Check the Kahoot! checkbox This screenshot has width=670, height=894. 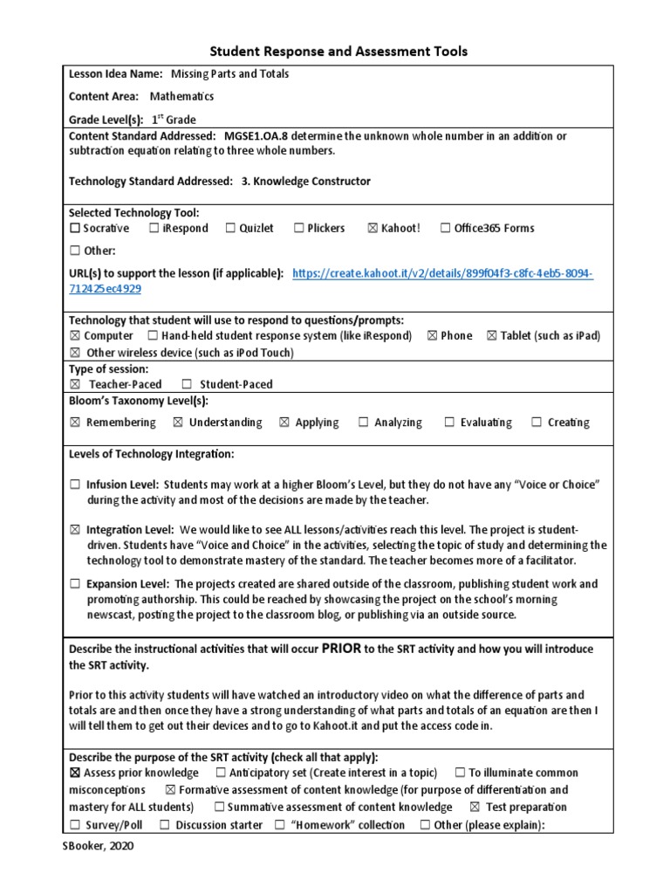[x=373, y=229]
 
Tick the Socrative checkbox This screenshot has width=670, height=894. [x=74, y=229]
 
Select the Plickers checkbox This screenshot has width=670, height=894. [x=298, y=229]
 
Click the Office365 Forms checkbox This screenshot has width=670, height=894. [x=446, y=229]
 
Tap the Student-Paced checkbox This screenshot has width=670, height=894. [x=187, y=384]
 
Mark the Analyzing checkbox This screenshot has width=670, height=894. [x=363, y=423]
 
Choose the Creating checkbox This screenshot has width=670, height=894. [x=537, y=423]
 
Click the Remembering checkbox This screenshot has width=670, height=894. [x=74, y=423]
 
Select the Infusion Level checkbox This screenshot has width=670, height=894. [x=75, y=485]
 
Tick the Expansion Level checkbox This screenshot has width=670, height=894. [x=75, y=584]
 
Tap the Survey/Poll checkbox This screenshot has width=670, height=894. [x=75, y=825]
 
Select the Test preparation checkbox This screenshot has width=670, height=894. [x=475, y=808]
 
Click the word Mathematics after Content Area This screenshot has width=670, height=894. [x=181, y=97]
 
